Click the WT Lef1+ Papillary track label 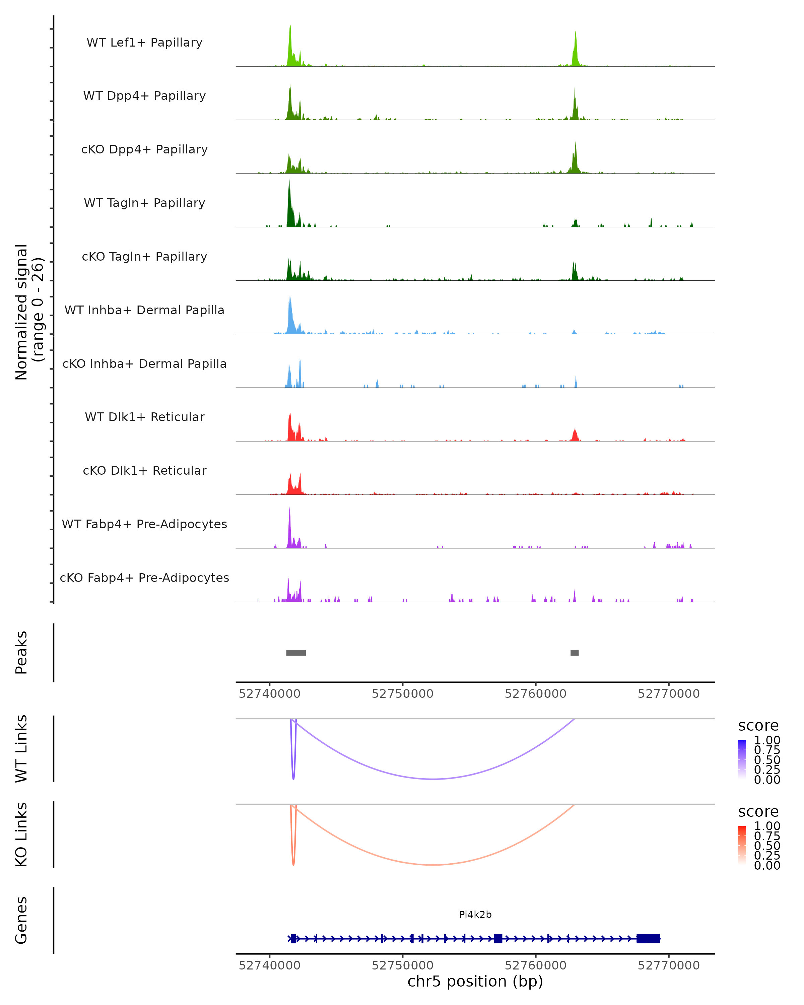click(x=144, y=43)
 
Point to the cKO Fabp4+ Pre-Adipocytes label click(x=144, y=578)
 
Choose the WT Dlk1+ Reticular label click(x=144, y=417)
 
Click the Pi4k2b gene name click(x=475, y=915)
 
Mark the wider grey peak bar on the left click(x=296, y=653)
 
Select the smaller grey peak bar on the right click(x=574, y=653)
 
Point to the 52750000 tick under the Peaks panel click(x=402, y=694)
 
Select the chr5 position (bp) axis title click(x=475, y=981)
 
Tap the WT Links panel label click(x=21, y=749)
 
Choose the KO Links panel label click(x=21, y=834)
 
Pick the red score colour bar click(x=742, y=845)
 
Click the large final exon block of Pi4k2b click(x=648, y=938)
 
